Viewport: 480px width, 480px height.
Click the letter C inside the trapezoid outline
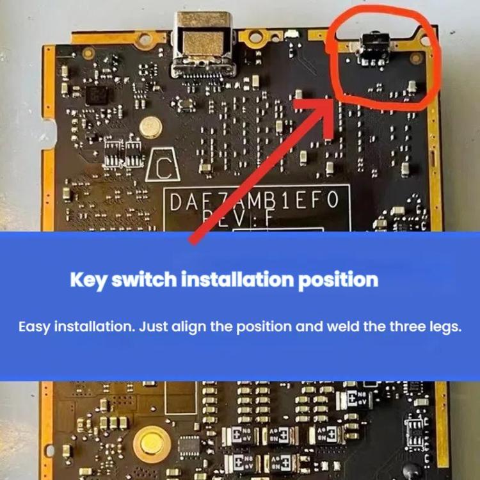point(164,168)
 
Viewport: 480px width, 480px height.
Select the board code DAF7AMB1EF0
point(254,204)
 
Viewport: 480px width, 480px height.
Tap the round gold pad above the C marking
point(150,127)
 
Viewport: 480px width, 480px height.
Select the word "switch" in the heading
point(143,280)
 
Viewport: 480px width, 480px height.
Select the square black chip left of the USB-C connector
point(98,96)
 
